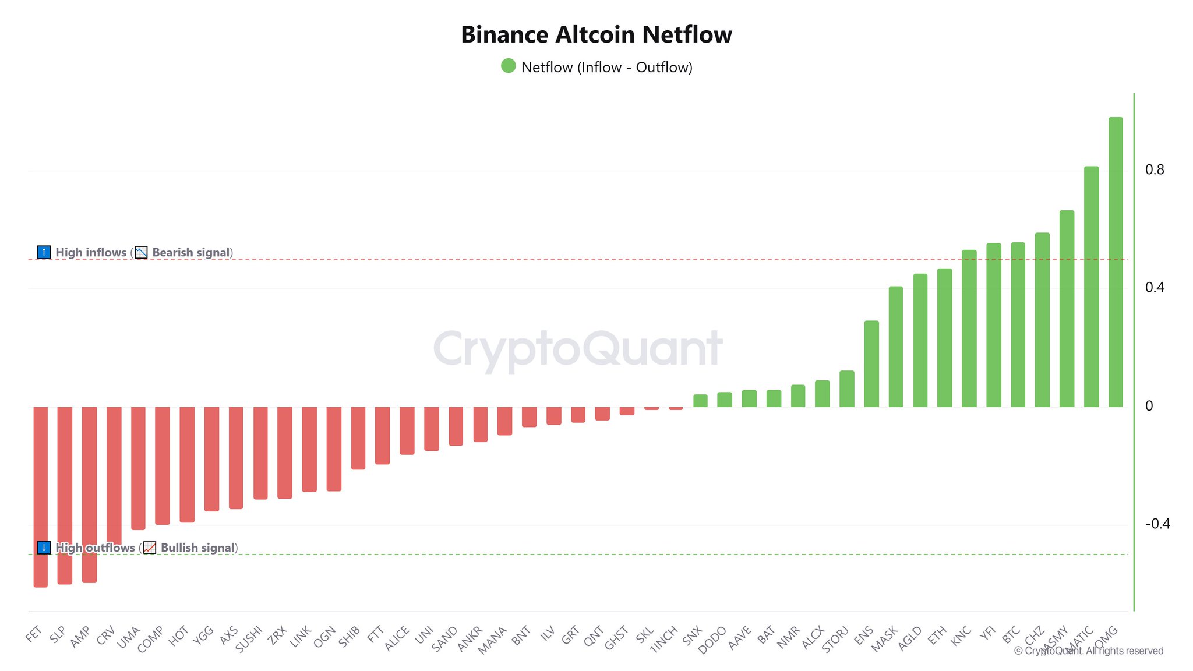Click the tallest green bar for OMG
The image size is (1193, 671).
pos(1115,262)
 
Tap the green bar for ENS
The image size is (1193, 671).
pos(871,363)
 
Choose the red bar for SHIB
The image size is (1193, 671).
pos(358,437)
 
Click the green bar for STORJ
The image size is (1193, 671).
pos(846,389)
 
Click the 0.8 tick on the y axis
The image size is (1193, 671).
pos(1155,169)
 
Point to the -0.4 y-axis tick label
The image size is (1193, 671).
pos(1157,524)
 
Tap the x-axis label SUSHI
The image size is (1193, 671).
pos(249,639)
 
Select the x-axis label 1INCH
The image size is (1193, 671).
pos(664,639)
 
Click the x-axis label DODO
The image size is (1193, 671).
pos(712,640)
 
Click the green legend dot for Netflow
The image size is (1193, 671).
pos(509,66)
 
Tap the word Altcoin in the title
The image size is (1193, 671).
pos(595,34)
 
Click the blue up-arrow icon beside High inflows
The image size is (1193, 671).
pos(44,252)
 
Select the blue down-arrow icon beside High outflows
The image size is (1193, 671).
pos(44,548)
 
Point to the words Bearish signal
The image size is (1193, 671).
pos(191,252)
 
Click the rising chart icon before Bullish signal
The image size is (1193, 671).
pos(150,548)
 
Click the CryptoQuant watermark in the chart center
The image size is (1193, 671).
pos(578,348)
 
